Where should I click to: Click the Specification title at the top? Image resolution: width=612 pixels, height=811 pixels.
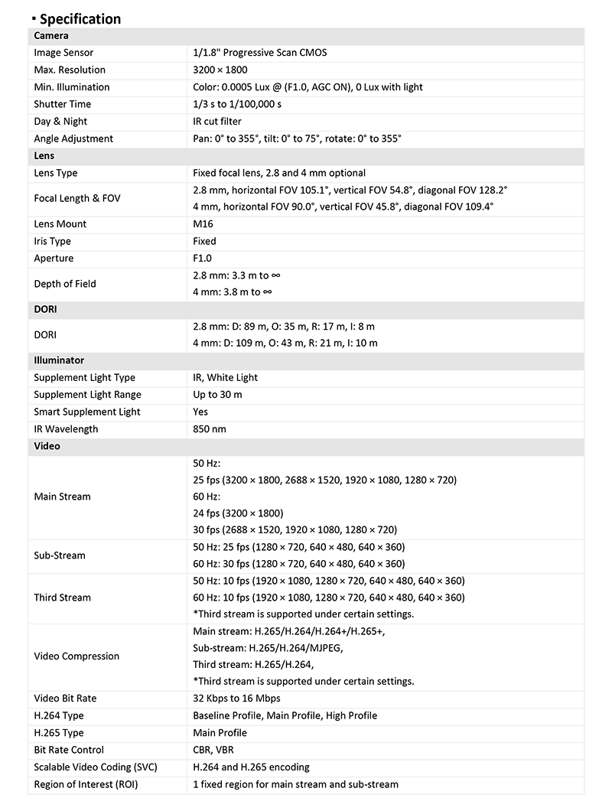[x=80, y=19]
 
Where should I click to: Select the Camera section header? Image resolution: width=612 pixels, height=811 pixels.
[x=51, y=36]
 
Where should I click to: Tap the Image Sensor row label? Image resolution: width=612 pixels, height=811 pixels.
[x=63, y=53]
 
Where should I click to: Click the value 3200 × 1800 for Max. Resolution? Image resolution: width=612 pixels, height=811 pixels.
[x=220, y=70]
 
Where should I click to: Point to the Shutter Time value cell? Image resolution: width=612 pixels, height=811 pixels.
[x=237, y=104]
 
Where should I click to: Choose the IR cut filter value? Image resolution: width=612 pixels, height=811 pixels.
[x=217, y=122]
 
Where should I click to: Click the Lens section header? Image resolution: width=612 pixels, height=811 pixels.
[x=44, y=156]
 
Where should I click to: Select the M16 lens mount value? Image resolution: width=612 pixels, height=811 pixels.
[x=203, y=224]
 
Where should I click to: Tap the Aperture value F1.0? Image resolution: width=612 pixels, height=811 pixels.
[x=203, y=259]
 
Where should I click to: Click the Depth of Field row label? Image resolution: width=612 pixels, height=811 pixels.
[x=65, y=284]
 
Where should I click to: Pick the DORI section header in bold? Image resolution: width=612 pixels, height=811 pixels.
[x=46, y=310]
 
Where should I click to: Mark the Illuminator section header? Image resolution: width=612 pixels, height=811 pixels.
[x=59, y=360]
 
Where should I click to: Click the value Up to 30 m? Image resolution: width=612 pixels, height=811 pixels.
[x=217, y=395]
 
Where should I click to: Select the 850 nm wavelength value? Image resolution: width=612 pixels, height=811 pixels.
[x=210, y=429]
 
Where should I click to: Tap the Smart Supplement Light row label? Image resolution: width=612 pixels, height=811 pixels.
[x=87, y=412]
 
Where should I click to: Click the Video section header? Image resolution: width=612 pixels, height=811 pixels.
[x=47, y=446]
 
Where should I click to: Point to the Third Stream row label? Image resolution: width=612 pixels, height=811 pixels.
[x=62, y=598]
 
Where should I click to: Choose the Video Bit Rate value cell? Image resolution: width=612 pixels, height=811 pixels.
[x=236, y=699]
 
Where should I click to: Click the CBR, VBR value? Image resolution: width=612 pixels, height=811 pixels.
[x=213, y=750]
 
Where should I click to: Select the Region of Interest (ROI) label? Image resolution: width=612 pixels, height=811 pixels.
[x=86, y=784]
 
